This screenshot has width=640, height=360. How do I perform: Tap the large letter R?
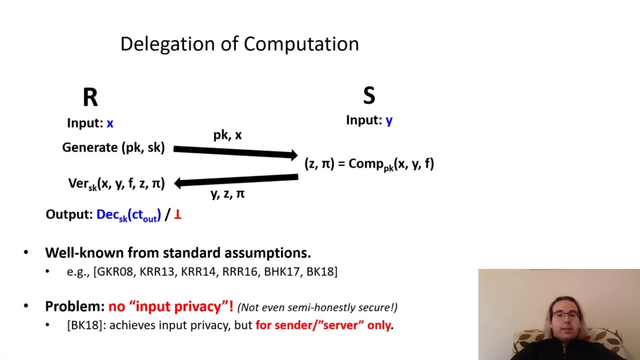tap(90, 97)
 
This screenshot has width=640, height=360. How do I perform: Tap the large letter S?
tap(369, 95)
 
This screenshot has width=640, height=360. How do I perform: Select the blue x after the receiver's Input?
tap(110, 123)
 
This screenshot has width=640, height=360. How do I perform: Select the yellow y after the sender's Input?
tap(389, 120)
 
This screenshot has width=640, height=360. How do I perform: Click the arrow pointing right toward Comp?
tap(235, 152)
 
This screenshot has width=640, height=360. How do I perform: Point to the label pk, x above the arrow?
tap(227, 135)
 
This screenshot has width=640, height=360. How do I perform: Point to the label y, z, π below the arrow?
tap(227, 194)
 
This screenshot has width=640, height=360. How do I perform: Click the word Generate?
tap(90, 147)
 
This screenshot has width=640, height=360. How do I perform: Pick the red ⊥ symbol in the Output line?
tap(177, 215)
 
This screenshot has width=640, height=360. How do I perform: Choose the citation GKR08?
tap(115, 271)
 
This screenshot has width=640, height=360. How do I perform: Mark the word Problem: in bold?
tap(75, 306)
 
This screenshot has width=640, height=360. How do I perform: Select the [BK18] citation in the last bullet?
tap(85, 325)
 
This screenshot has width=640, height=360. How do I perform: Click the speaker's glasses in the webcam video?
tap(565, 315)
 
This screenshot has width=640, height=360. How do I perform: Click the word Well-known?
tap(84, 253)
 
